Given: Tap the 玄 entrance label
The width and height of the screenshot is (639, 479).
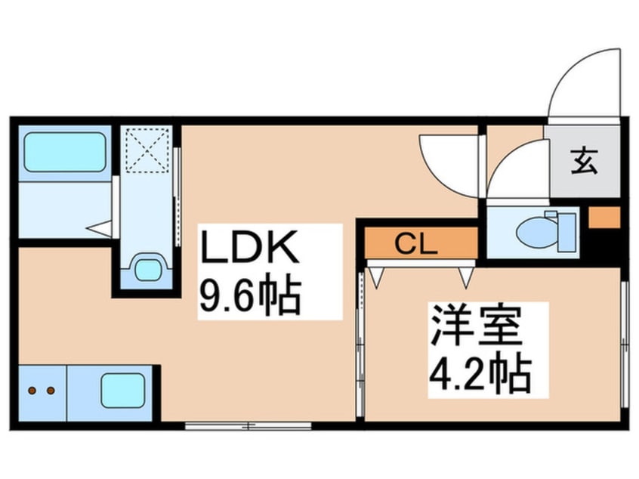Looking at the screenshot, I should coord(583,162).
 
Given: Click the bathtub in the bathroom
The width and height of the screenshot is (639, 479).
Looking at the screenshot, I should coord(64,153).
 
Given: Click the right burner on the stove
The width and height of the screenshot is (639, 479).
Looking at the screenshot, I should coord(51,391).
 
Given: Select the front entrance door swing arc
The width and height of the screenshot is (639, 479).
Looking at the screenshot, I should coord(582,83).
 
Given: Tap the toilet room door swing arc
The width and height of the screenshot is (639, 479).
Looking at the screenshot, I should coord(517,172).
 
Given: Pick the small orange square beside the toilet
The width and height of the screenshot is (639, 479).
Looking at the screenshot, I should coord(604,218).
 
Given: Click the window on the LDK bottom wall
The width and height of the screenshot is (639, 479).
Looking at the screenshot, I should coord(248,426).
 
